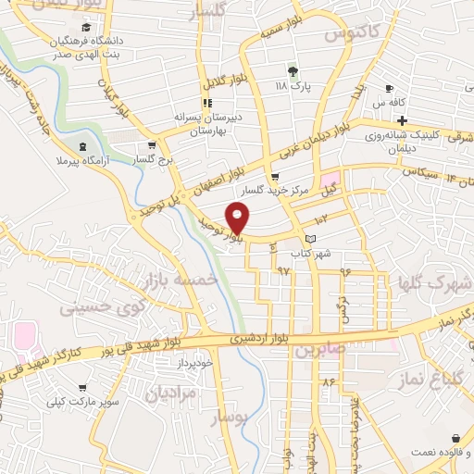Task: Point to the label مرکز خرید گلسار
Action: (274, 190)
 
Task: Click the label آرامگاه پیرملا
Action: (82, 160)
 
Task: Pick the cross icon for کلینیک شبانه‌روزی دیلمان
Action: (403, 121)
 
